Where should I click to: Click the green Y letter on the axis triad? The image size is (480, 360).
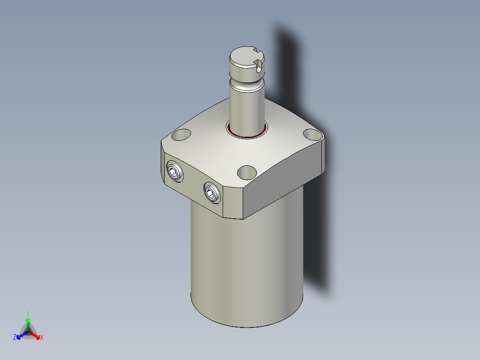pos(28,313)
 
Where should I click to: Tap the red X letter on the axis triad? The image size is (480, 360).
pos(42,338)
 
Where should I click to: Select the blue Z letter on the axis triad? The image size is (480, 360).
pos(15,338)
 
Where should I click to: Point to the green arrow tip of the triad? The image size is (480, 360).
pos(28,320)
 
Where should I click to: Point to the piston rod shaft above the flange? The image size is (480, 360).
pos(247,107)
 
